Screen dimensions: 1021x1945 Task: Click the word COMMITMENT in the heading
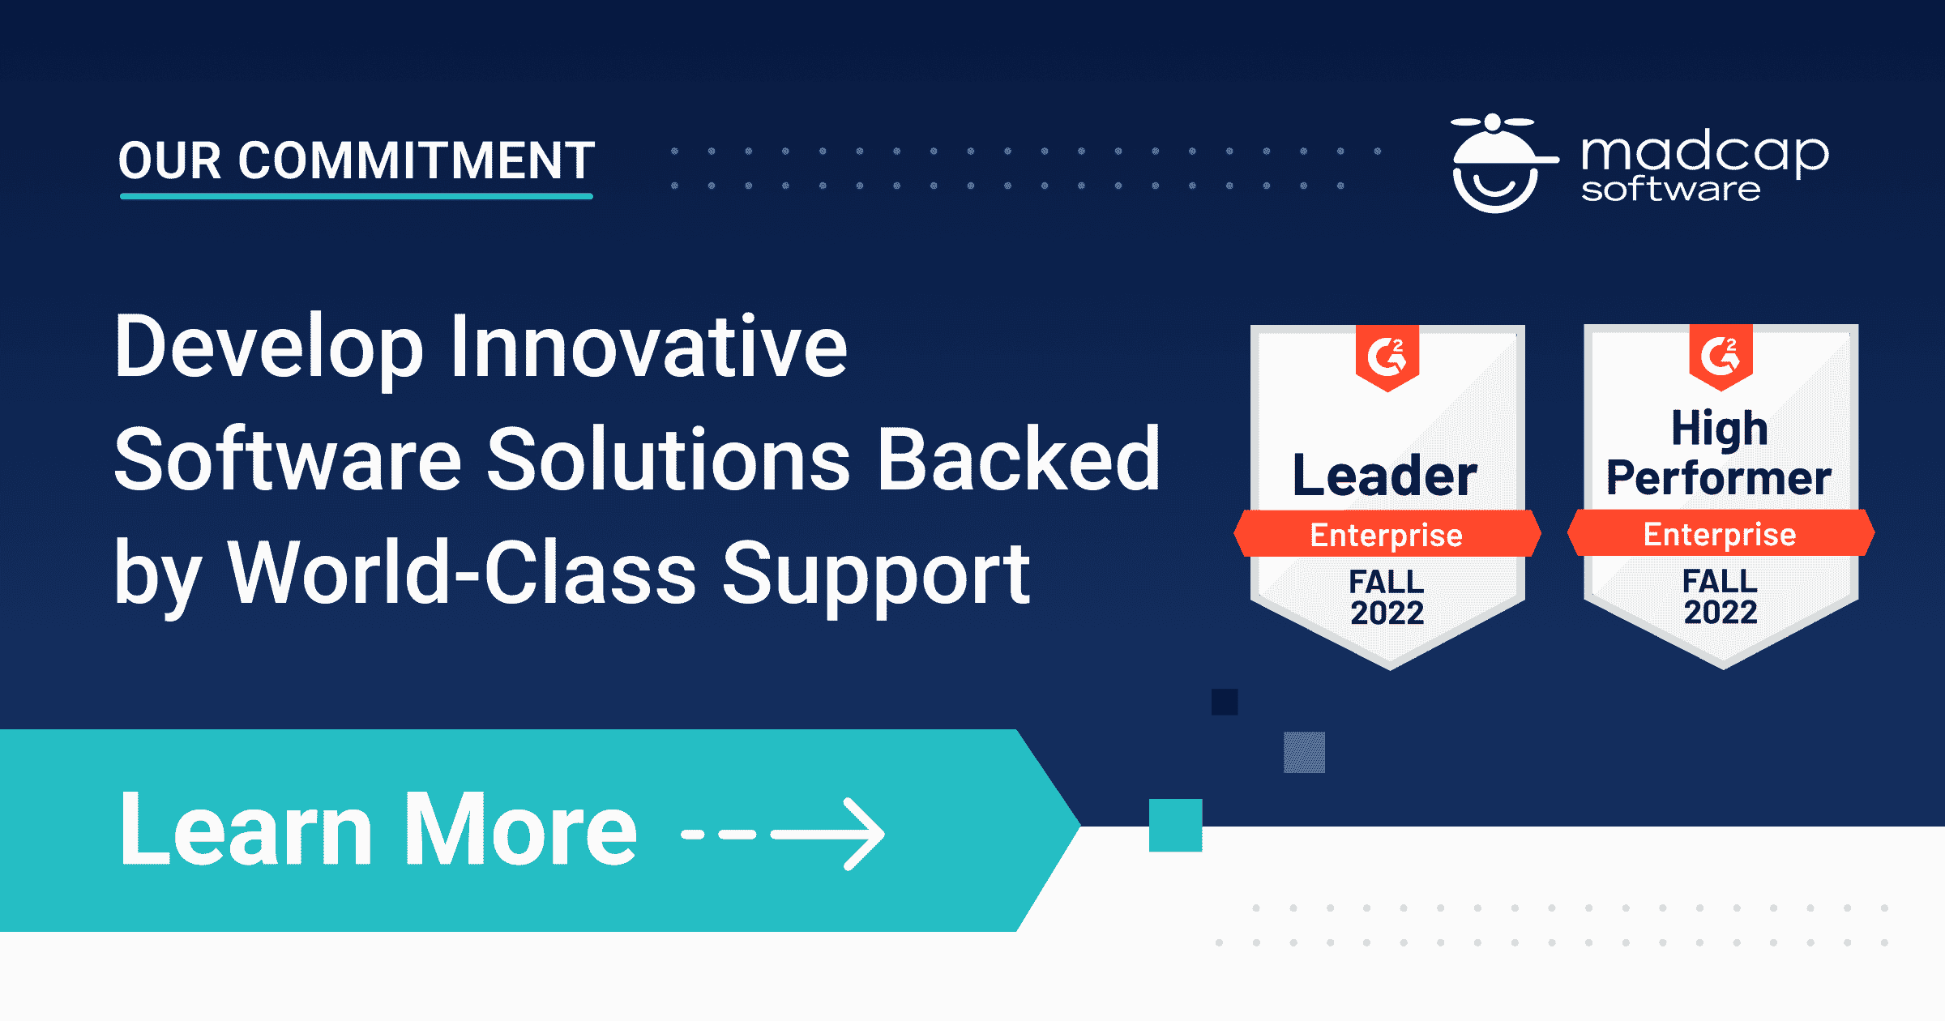click(x=417, y=160)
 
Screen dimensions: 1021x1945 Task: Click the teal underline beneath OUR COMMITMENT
click(x=357, y=196)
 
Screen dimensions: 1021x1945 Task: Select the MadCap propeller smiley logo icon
click(x=1495, y=164)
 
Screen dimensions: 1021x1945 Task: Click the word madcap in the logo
click(x=1704, y=152)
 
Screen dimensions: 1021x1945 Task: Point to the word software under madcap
click(x=1670, y=190)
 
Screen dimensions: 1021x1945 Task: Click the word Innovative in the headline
click(x=648, y=347)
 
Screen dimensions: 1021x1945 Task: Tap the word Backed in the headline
click(x=1019, y=460)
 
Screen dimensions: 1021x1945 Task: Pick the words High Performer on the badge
click(x=1719, y=454)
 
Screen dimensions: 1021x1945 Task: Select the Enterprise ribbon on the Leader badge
click(x=1387, y=535)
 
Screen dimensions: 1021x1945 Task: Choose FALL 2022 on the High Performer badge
click(x=1721, y=596)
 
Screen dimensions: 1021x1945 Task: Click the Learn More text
click(x=378, y=830)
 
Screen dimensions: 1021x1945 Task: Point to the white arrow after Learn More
click(x=827, y=834)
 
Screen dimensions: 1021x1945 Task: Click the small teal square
click(x=1175, y=825)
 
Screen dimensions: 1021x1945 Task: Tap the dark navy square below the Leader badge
click(x=1225, y=702)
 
